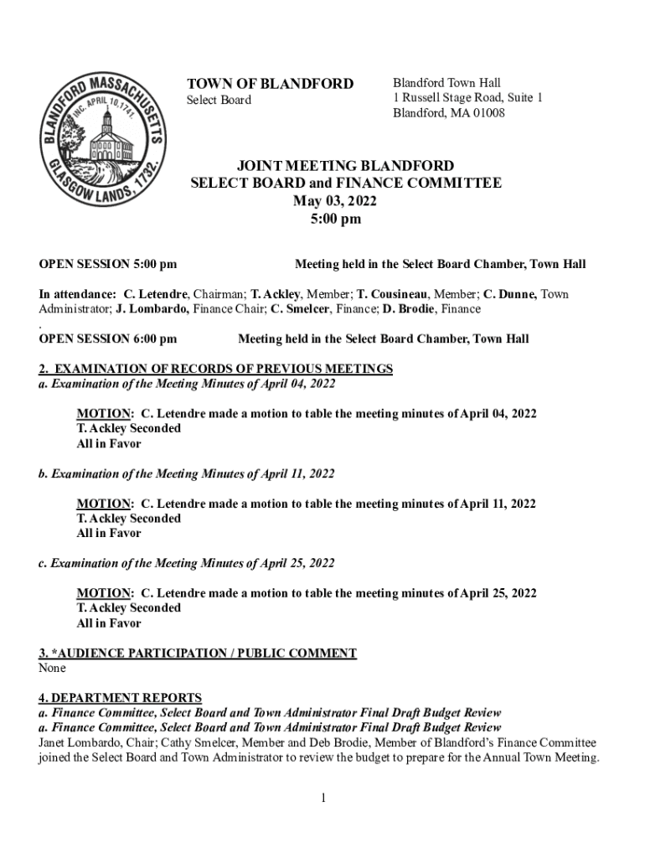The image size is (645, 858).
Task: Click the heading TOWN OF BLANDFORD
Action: tap(270, 84)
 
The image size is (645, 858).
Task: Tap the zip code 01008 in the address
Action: tap(488, 113)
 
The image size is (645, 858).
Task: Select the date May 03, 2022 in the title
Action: tap(334, 201)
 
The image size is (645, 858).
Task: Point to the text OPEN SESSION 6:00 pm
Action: tap(108, 339)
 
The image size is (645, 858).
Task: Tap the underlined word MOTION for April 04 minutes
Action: tap(104, 414)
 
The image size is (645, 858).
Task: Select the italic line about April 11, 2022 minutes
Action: tap(186, 474)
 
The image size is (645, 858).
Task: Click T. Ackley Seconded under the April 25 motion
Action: tap(128, 608)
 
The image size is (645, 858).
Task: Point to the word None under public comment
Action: tap(52, 669)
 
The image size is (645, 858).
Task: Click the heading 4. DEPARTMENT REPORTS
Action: tap(121, 698)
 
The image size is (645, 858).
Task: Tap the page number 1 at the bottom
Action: tap(322, 798)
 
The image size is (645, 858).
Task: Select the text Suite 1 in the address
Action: tap(523, 98)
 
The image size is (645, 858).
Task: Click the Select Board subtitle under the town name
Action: tap(218, 101)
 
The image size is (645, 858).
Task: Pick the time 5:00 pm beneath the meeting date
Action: tap(334, 220)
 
